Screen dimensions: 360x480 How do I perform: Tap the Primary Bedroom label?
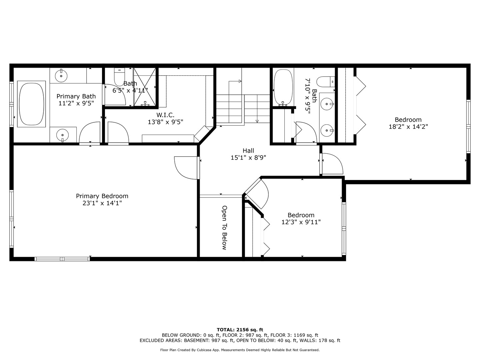point(102,196)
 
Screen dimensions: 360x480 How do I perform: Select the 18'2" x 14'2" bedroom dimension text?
point(408,127)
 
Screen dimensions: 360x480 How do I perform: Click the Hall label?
point(248,151)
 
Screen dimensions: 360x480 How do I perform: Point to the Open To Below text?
point(224,227)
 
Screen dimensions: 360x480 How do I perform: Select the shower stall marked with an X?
point(145,87)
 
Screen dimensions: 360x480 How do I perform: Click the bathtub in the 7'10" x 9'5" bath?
point(283,87)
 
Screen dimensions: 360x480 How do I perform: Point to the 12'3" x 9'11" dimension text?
point(301,222)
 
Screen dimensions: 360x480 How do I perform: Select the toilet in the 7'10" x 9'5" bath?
point(325,81)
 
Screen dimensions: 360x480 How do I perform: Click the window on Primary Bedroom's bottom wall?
point(62,259)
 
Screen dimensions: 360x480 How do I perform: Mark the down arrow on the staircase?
point(257,121)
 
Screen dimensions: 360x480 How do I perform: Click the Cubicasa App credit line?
point(240,350)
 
